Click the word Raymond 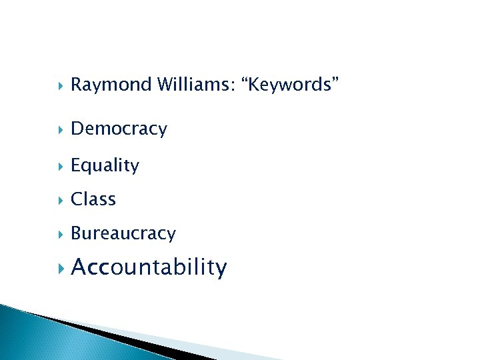click(111, 85)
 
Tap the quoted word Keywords click(293, 85)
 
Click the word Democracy click(119, 129)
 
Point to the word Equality click(105, 165)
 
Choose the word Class click(93, 199)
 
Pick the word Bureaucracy click(123, 233)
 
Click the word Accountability click(149, 268)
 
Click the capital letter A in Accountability click(79, 267)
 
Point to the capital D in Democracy click(77, 129)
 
